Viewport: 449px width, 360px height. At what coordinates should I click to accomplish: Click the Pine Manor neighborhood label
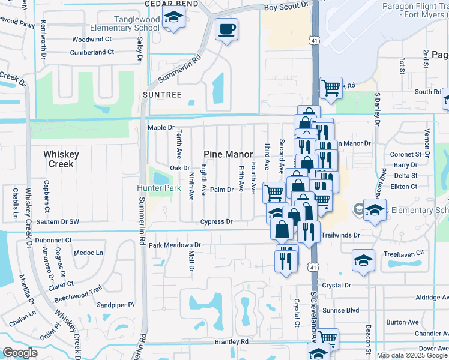pos(228,154)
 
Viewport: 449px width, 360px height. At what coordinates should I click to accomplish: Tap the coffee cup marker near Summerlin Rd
pos(226,29)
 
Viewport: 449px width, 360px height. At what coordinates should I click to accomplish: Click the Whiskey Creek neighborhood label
pos(61,159)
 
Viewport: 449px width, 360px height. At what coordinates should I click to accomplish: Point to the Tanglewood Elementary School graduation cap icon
pos(173,18)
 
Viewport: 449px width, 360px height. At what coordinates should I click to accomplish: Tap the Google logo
pos(20,353)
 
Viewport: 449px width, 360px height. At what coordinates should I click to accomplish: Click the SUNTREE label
pos(162,95)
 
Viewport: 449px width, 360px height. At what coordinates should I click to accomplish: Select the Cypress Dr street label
pos(216,221)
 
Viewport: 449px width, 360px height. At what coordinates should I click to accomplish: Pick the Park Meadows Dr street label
pos(175,245)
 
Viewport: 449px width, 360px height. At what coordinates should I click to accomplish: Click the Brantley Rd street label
pos(231,341)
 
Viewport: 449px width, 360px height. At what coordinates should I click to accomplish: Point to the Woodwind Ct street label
pos(92,39)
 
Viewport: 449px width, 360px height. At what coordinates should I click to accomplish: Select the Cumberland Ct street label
pos(92,52)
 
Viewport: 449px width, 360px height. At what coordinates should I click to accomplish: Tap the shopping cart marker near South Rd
pos(331,88)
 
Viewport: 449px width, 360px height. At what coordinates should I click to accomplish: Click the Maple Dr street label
pos(161,128)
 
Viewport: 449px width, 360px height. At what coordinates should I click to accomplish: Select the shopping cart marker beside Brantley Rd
pos(328,339)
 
